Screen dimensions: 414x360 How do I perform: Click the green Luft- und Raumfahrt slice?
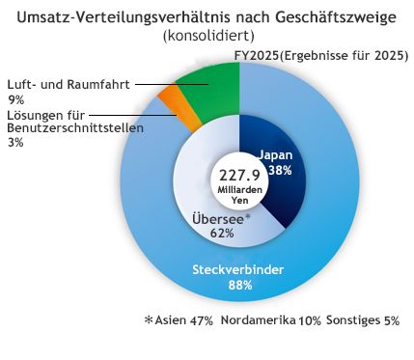[x=212, y=90]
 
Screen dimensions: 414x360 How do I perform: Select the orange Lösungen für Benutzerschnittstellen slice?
[x=180, y=108]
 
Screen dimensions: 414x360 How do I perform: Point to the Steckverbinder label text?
[x=238, y=269]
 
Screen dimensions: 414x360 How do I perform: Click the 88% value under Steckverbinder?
[x=240, y=285]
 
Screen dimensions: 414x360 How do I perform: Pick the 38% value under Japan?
[x=280, y=170]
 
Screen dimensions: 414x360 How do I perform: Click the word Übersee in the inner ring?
[x=218, y=219]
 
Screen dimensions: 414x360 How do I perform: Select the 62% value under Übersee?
[x=222, y=233]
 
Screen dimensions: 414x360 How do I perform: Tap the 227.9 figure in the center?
[x=239, y=176]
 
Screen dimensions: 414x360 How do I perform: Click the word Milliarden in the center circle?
[x=240, y=190]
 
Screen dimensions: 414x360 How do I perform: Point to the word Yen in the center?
[x=240, y=201]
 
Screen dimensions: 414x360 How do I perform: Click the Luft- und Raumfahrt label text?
[x=69, y=84]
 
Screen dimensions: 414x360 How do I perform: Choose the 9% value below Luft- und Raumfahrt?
[x=15, y=100]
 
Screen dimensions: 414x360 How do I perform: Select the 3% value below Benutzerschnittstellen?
[x=15, y=142]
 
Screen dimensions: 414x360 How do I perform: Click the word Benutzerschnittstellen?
[x=75, y=128]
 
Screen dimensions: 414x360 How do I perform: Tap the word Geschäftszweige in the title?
[x=336, y=18]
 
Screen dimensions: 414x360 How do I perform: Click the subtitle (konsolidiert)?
[x=208, y=36]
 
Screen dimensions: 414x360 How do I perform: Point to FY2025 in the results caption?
[x=257, y=56]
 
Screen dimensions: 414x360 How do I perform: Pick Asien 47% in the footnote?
[x=183, y=320]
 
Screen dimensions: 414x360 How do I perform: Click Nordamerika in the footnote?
[x=259, y=320]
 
